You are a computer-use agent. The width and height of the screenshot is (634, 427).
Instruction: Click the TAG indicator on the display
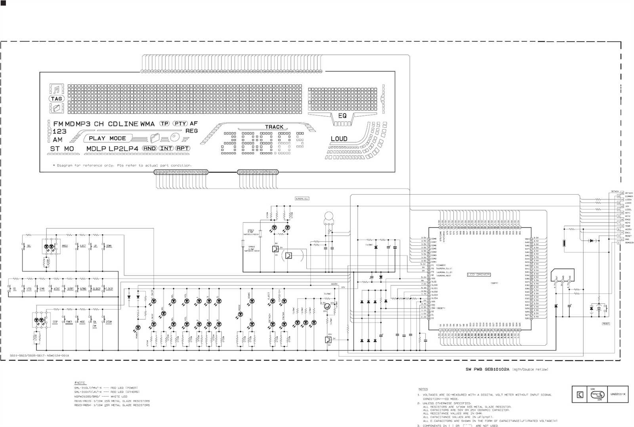pyautogui.click(x=56, y=99)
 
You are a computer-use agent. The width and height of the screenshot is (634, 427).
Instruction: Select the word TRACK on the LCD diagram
pyautogui.click(x=274, y=127)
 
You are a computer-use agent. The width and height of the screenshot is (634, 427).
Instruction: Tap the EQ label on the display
pyautogui.click(x=342, y=115)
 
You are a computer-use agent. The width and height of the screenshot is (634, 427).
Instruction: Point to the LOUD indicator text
pyautogui.click(x=339, y=139)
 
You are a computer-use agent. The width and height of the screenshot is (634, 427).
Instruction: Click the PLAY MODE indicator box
pyautogui.click(x=107, y=138)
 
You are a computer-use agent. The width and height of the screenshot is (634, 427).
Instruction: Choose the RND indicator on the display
pyautogui.click(x=149, y=148)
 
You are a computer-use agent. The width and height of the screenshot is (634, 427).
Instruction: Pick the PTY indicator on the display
pyautogui.click(x=180, y=123)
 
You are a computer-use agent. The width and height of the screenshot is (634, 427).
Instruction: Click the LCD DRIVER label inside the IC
pyautogui.click(x=479, y=274)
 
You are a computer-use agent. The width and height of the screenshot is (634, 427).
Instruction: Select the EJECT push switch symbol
pyautogui.click(x=82, y=246)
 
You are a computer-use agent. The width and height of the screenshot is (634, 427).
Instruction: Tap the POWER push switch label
pyautogui.click(x=69, y=322)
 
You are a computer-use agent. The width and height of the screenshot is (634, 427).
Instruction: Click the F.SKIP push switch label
pyautogui.click(x=109, y=289)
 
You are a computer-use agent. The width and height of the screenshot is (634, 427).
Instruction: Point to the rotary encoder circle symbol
pyautogui.click(x=328, y=216)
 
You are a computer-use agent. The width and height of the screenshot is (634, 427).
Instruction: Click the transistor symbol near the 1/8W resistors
pyautogui.click(x=327, y=306)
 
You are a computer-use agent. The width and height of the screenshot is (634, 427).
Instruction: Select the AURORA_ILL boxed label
pyautogui.click(x=302, y=199)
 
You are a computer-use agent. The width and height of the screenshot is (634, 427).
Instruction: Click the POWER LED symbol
pyautogui.click(x=138, y=327)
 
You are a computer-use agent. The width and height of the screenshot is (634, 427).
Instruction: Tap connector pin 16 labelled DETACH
pyautogui.click(x=622, y=193)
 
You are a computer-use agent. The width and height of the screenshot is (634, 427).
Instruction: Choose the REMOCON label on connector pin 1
pyautogui.click(x=629, y=243)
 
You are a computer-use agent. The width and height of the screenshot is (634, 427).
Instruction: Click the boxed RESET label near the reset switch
pyautogui.click(x=605, y=324)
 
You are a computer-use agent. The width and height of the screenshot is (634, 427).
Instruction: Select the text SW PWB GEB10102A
pyautogui.click(x=487, y=370)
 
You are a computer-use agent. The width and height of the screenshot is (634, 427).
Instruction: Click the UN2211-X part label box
pyautogui.click(x=618, y=394)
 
